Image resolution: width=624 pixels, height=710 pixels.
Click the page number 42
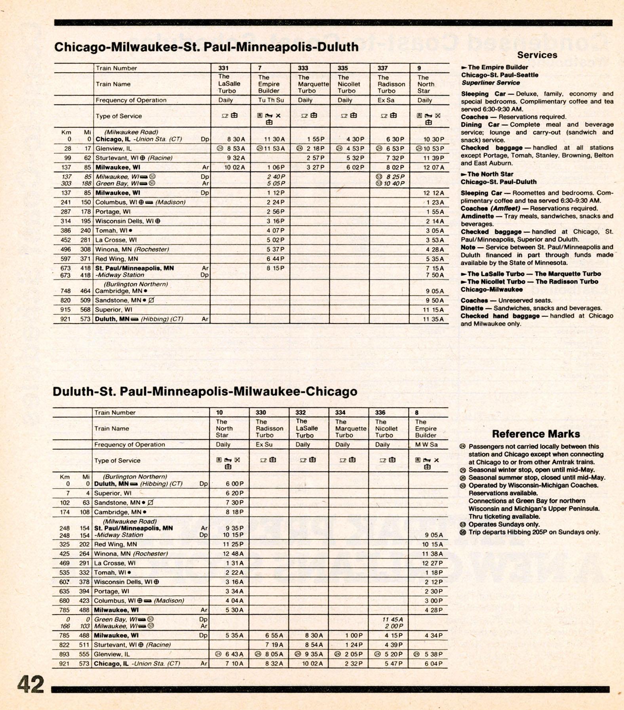click(30, 684)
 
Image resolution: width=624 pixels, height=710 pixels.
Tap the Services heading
click(537, 55)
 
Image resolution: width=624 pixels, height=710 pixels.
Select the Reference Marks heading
click(536, 434)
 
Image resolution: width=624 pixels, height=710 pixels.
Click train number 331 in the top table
click(223, 68)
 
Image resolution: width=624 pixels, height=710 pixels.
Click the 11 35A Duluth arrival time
click(433, 319)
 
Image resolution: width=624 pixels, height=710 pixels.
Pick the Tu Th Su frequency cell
click(271, 100)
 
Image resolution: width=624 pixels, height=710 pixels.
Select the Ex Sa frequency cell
click(386, 100)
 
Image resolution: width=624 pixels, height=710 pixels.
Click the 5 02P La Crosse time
click(275, 240)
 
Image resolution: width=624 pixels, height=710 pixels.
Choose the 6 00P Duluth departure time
click(235, 484)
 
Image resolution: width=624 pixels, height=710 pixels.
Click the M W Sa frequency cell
click(426, 445)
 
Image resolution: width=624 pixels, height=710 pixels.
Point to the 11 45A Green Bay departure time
click(392, 619)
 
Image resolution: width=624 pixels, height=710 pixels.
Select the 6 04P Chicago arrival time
click(434, 664)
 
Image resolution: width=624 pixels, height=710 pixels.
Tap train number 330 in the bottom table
click(261, 413)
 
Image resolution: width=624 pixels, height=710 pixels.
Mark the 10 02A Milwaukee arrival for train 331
click(235, 167)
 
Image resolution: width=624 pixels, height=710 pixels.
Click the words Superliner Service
click(491, 83)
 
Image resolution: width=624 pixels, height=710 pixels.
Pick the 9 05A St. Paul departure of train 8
click(434, 535)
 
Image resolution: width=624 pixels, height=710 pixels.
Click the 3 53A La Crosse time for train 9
click(435, 240)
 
